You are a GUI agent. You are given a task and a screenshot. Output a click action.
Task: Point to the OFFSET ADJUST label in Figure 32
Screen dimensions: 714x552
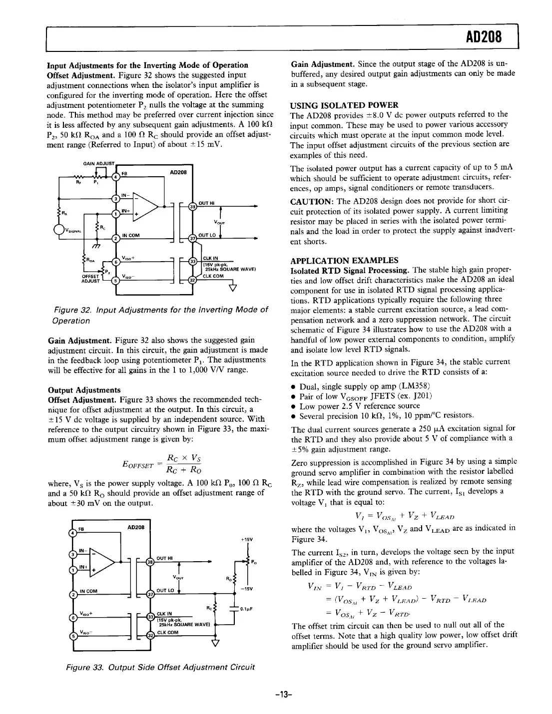pyautogui.click(x=90, y=278)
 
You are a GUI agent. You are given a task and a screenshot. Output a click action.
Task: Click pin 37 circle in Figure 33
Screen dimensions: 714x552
pyautogui.click(x=150, y=594)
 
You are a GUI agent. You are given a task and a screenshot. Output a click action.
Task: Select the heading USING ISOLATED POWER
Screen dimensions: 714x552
pyautogui.click(x=344, y=105)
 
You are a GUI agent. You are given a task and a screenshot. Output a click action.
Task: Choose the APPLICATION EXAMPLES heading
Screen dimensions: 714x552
pyautogui.click(x=344, y=260)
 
